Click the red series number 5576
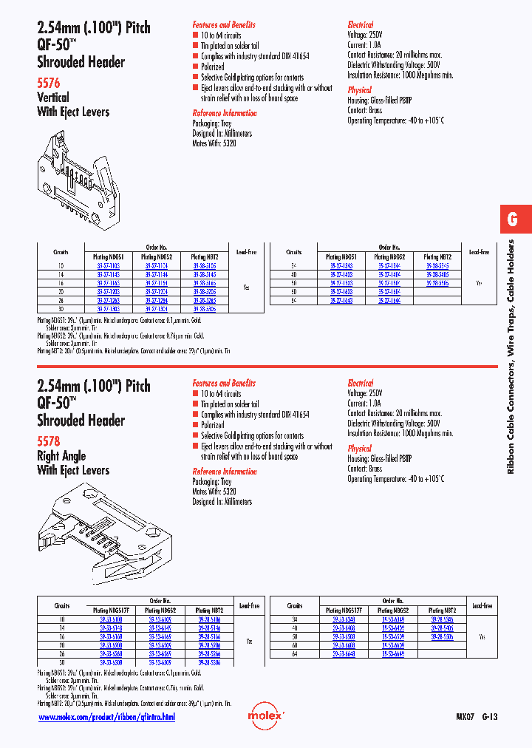[x=49, y=84]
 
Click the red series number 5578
[x=49, y=441]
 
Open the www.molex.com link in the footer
[x=106, y=717]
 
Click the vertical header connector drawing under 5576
[x=78, y=171]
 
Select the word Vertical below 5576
[x=53, y=98]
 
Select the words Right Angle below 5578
[x=61, y=456]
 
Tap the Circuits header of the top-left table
[x=61, y=252]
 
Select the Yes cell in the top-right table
[x=480, y=282]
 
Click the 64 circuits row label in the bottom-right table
[x=294, y=653]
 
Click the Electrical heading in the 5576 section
[x=361, y=24]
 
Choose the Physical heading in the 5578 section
[x=360, y=448]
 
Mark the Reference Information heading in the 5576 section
[x=225, y=113]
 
